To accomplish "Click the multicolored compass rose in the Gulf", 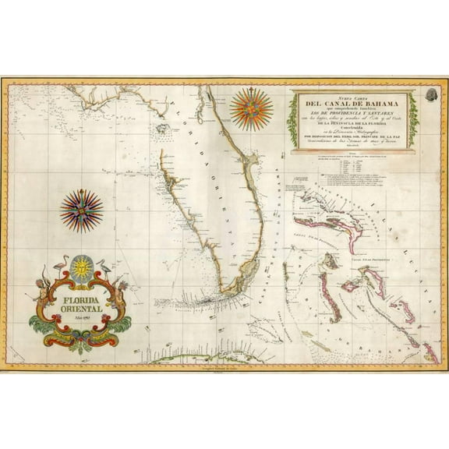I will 81,210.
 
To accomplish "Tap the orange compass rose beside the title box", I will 252,108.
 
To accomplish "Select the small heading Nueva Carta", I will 348,97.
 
